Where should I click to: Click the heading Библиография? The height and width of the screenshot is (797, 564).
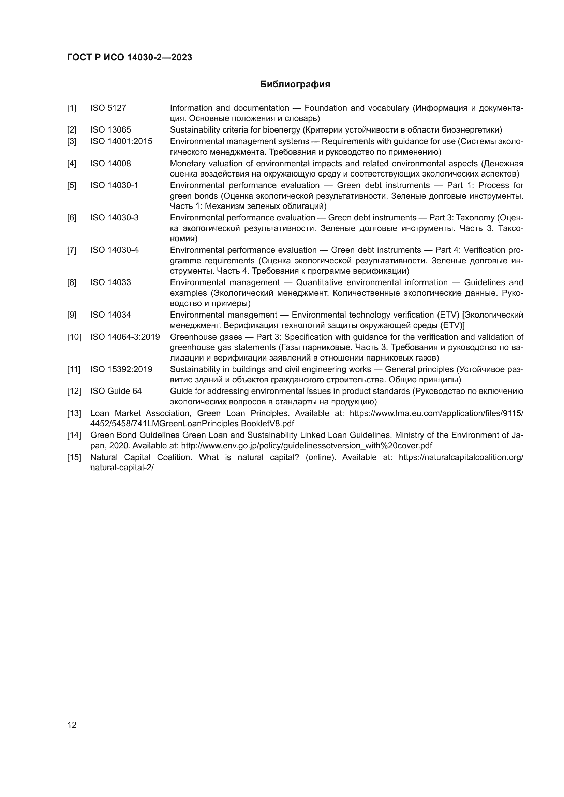[x=295, y=85]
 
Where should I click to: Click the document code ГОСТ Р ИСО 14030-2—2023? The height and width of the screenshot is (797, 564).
[x=130, y=57]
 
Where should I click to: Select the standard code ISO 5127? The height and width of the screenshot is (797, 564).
[x=108, y=108]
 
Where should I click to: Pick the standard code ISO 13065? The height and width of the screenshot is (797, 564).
[x=110, y=130]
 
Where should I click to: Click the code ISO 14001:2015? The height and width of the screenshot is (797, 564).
[x=121, y=141]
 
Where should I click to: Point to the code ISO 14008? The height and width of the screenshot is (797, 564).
[x=110, y=163]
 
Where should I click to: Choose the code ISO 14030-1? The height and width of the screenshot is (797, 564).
[x=114, y=185]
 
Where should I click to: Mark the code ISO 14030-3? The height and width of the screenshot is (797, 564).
[x=114, y=218]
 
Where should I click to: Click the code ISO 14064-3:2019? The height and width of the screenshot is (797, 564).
[x=125, y=337]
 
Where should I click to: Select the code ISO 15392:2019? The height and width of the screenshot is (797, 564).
[x=121, y=369]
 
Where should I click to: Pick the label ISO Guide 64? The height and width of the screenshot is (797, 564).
[x=116, y=391]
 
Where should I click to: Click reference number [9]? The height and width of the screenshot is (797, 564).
[x=72, y=315]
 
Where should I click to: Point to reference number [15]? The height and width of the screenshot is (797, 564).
[x=74, y=457]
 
